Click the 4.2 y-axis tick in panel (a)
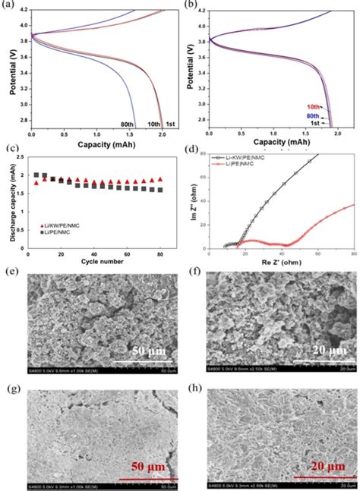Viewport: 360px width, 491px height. [x=28, y=11]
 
